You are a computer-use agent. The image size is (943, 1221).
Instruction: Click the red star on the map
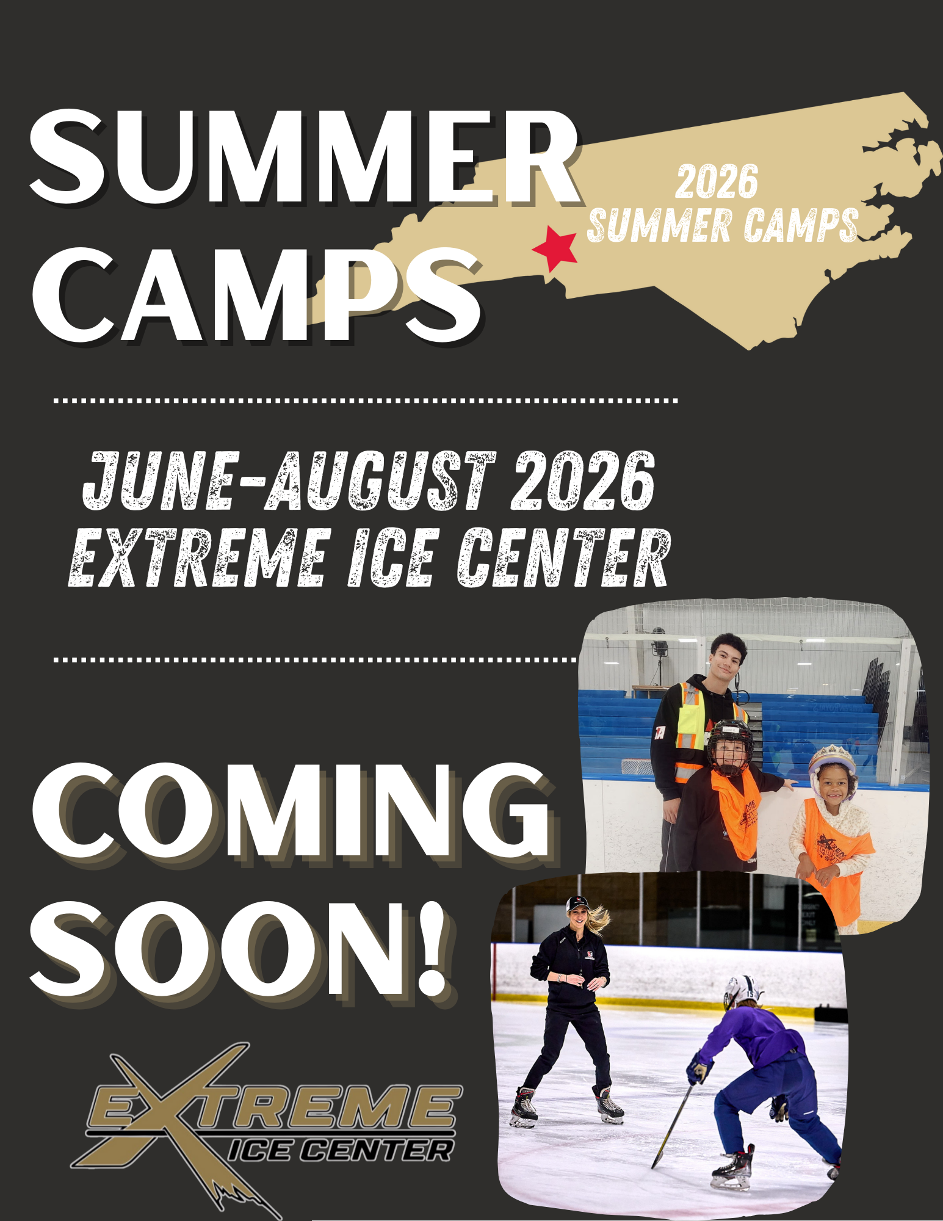point(555,248)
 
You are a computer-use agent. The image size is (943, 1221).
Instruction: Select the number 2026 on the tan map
point(717,181)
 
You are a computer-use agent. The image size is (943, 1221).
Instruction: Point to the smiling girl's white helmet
point(832,758)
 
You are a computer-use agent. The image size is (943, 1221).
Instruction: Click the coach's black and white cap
point(577,903)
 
